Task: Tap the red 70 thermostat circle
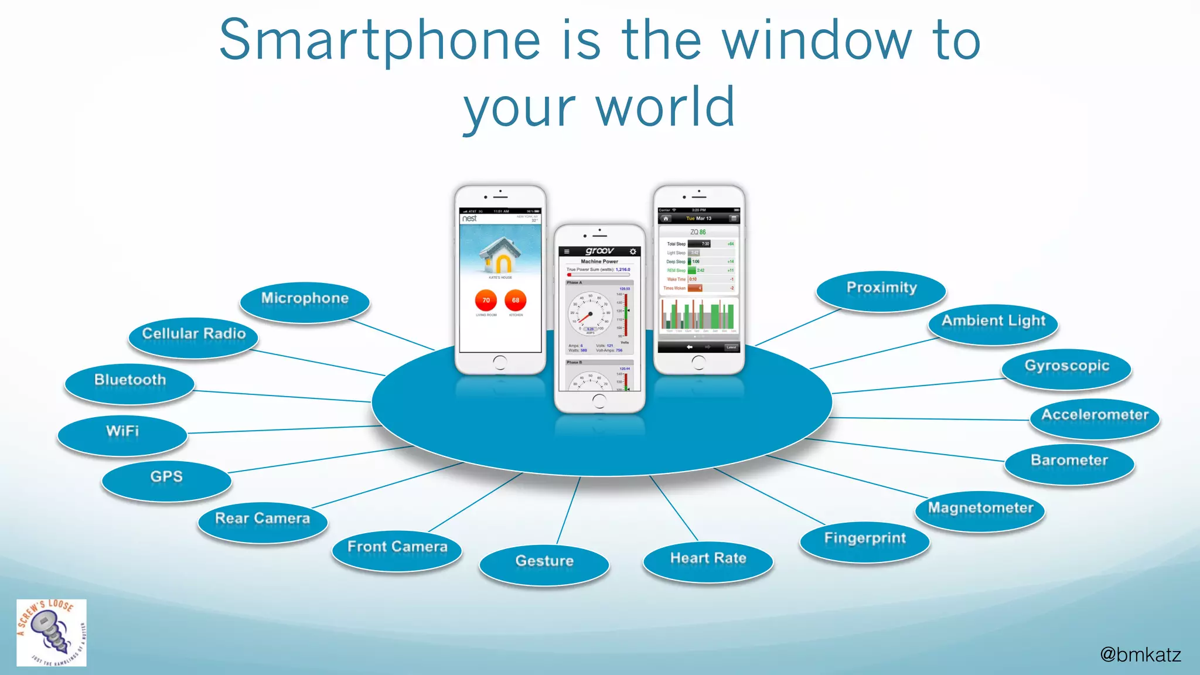tap(486, 300)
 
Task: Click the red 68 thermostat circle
tap(516, 300)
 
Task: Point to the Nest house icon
tap(500, 255)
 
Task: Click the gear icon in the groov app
tap(633, 251)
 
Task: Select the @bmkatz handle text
tap(1140, 654)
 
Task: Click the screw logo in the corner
tap(52, 633)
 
